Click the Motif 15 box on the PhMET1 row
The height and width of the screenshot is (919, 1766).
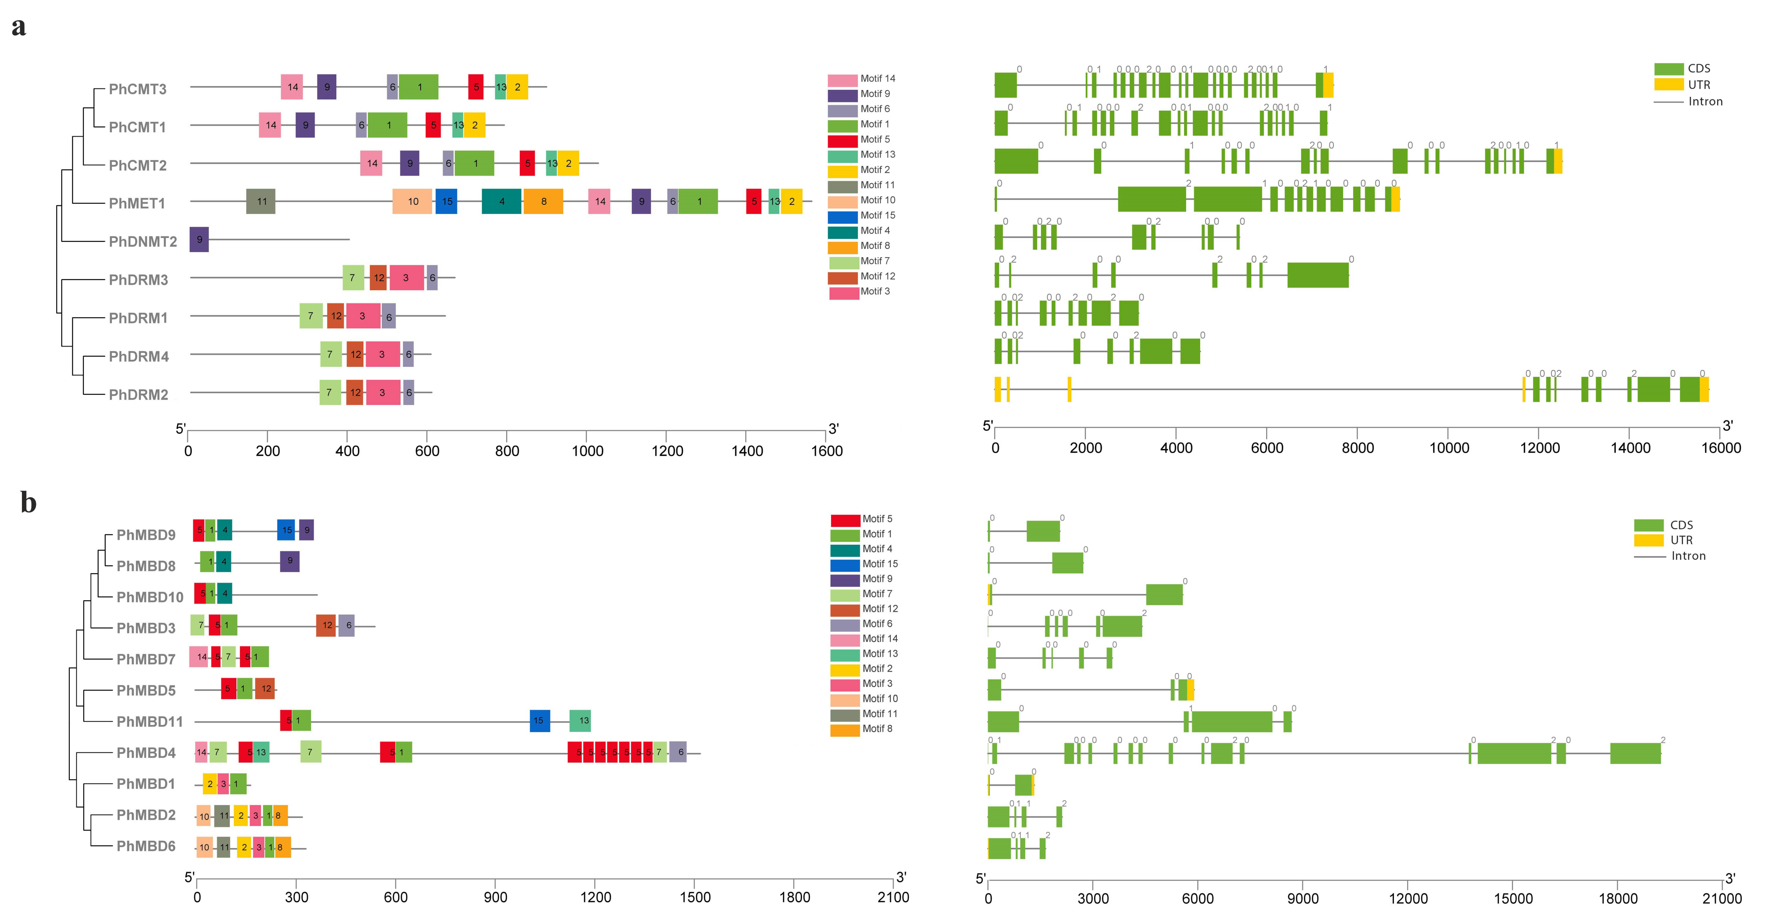click(446, 202)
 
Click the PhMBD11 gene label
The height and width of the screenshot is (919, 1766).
click(149, 722)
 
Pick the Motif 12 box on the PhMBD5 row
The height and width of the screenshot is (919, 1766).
click(265, 689)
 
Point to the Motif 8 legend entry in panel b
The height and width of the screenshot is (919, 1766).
click(861, 729)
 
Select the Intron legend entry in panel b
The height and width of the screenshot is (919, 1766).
click(1670, 556)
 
